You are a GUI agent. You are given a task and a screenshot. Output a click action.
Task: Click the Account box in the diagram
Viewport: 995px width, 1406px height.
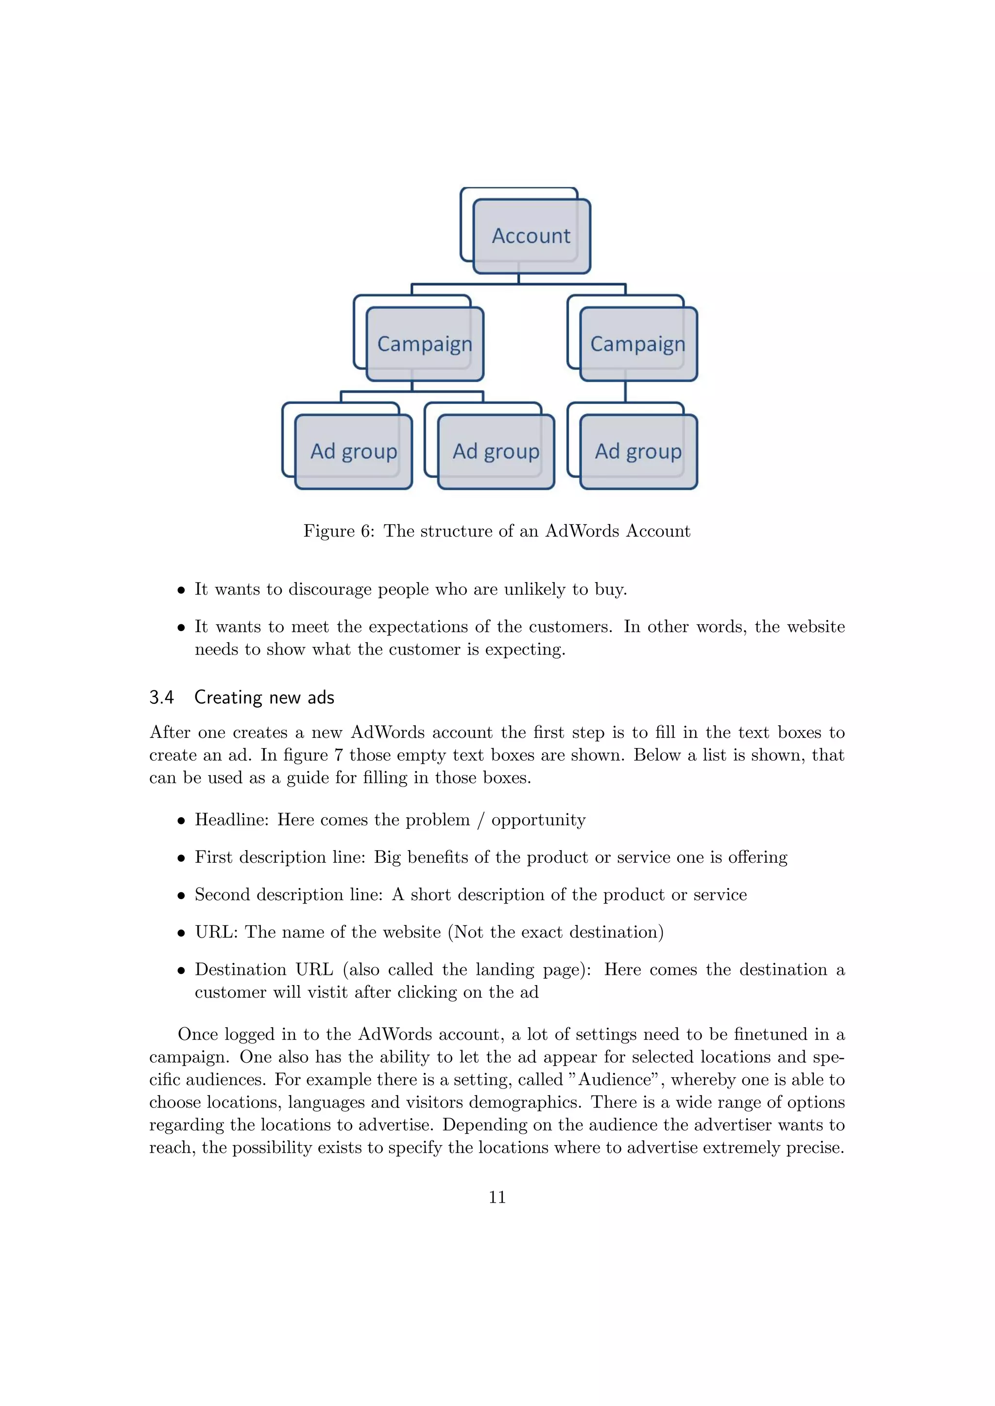(531, 236)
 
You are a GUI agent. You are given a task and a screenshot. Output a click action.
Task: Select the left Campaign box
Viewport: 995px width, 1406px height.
(425, 344)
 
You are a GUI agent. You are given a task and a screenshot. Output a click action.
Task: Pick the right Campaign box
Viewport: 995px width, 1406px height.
(638, 344)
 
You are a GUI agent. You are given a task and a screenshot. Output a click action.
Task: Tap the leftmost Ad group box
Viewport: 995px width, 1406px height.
(354, 452)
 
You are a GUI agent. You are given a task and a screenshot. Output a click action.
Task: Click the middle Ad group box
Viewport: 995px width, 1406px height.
(496, 452)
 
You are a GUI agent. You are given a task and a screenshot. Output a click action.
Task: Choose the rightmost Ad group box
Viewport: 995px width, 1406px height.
(638, 452)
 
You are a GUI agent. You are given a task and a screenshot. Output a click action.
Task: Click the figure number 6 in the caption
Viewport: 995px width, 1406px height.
(366, 531)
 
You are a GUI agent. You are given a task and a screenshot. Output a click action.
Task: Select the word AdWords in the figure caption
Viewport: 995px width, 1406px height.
(582, 531)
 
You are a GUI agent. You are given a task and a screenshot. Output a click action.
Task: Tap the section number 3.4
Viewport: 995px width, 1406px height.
(162, 698)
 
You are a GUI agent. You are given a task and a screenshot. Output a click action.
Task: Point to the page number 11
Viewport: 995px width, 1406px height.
(497, 1197)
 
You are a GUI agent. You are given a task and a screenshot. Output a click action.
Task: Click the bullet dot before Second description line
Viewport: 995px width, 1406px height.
(181, 896)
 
